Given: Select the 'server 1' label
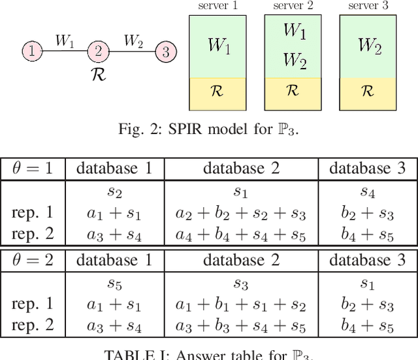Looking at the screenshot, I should pos(217,6).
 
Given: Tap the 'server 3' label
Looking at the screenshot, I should pos(367,6).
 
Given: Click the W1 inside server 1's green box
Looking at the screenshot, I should pos(217,45).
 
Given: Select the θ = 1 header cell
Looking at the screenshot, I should pos(33,168).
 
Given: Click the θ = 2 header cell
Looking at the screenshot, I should pos(33,260).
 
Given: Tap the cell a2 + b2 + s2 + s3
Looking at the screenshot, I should pos(241,213).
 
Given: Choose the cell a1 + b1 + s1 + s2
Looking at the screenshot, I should pos(241,305).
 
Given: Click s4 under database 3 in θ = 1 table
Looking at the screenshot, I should pos(367,192).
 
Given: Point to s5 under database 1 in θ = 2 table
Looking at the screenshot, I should pos(114,284).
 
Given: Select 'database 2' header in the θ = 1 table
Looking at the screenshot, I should pos(241,168).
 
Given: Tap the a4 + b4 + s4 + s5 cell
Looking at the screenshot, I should pos(241,233).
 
